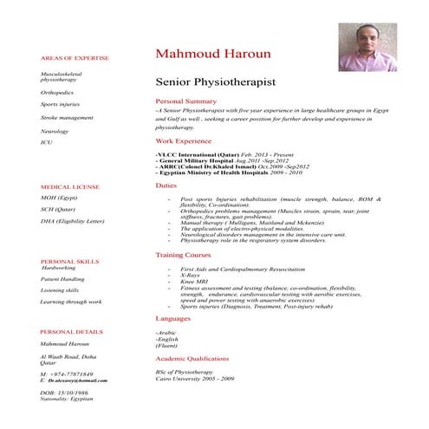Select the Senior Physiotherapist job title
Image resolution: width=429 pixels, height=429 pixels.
tap(215, 82)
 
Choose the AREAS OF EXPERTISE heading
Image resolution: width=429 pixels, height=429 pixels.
tap(75, 58)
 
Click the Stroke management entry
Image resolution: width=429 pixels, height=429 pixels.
tap(67, 117)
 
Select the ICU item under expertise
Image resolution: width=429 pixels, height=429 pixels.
tap(47, 141)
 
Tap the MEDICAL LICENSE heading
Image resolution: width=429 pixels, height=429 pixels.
tap(70, 186)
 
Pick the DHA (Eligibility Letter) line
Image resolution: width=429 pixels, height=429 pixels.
tap(72, 221)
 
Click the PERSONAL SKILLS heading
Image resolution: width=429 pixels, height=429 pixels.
tap(69, 260)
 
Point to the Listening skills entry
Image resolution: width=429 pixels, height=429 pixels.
tap(60, 290)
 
